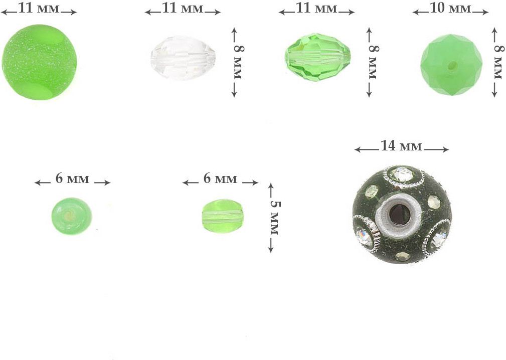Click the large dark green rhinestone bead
[402, 215]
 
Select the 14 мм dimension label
[401, 146]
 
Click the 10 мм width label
[450, 8]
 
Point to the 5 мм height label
[275, 218]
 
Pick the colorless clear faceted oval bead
[183, 58]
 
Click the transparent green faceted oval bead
[317, 57]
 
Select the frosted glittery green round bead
[39, 62]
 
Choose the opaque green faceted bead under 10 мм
[451, 65]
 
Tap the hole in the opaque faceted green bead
[453, 66]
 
